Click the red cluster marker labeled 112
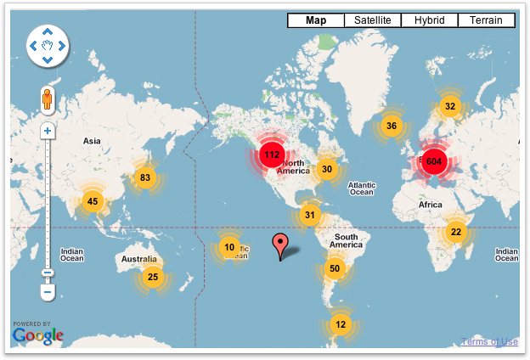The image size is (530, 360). (x=272, y=155)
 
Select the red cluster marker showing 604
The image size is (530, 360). (x=434, y=161)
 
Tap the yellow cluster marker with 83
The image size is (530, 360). (x=145, y=177)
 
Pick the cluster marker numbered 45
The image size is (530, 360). (x=93, y=201)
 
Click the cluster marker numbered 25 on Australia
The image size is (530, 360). (x=152, y=276)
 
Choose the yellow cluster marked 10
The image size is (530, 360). (x=228, y=247)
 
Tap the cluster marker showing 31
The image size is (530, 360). (x=310, y=214)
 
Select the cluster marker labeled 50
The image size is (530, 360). (x=335, y=269)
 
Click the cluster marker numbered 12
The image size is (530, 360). (x=341, y=323)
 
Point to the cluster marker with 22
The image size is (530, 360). (x=456, y=232)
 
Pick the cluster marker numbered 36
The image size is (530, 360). (x=391, y=126)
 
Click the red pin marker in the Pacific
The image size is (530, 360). (x=281, y=247)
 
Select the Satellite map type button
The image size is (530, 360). (x=373, y=20)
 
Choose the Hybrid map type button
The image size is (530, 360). (x=430, y=20)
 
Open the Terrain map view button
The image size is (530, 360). (x=486, y=20)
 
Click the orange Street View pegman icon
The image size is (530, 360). (x=48, y=101)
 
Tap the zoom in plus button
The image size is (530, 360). (x=48, y=131)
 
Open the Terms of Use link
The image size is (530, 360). (x=489, y=341)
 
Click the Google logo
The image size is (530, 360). (x=38, y=336)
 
